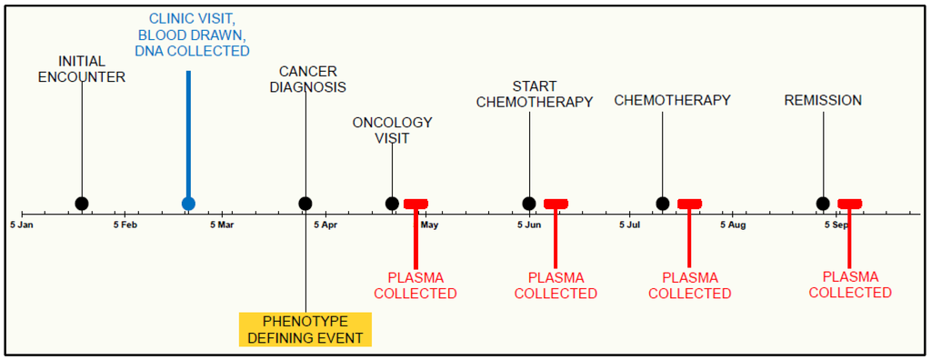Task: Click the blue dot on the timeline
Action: (188, 204)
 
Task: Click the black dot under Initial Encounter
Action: (82, 204)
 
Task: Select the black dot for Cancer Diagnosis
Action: (305, 204)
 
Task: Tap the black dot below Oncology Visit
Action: (392, 204)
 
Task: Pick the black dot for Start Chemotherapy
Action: (529, 204)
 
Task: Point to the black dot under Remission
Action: (823, 204)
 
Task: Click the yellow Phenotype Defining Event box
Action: (305, 330)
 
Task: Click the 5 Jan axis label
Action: (22, 224)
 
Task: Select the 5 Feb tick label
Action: (125, 224)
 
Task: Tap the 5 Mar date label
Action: (222, 224)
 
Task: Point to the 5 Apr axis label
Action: (325, 224)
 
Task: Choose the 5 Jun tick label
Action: (529, 224)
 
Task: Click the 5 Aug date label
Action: (733, 224)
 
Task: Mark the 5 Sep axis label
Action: (837, 224)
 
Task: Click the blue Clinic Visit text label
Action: (192, 35)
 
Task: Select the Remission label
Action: (823, 100)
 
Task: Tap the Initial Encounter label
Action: (82, 69)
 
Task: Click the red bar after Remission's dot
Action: (850, 204)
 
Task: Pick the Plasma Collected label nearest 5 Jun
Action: (556, 285)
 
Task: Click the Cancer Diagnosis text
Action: (307, 79)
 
